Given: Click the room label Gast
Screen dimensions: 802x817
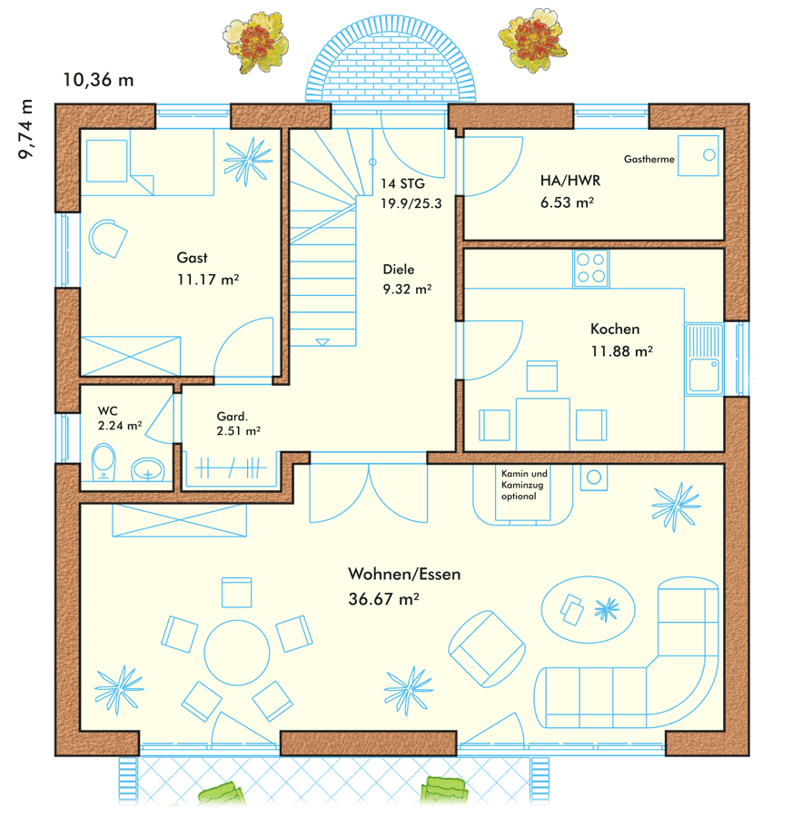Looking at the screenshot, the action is point(192,258).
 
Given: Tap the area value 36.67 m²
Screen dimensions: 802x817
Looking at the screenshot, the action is point(384,599).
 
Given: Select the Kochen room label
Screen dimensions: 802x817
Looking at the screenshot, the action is point(615,329).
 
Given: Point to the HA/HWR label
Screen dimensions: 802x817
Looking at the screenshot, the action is point(570,181).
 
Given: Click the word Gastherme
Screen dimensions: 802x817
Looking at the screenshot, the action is point(649,159).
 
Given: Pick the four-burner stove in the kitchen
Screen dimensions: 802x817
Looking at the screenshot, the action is point(590,269).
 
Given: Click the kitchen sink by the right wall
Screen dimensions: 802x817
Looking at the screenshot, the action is point(705,359).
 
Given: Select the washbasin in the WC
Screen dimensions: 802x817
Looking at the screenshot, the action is point(147,470).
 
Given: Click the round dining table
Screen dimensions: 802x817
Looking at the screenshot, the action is point(237,653).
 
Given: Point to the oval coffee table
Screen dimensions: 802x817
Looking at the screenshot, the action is point(589,610).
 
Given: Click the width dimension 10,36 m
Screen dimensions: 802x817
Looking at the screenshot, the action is point(99,80).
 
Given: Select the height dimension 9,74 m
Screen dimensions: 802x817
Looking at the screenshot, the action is point(25,129).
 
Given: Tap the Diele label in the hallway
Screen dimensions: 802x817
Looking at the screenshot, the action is point(399,270).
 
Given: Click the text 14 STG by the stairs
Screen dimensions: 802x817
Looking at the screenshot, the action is point(402,183).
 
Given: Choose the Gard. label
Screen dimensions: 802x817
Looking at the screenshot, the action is point(232,417).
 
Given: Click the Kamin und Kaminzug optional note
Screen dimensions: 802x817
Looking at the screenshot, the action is point(524,485).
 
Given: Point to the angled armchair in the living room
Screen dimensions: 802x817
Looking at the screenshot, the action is point(487,649).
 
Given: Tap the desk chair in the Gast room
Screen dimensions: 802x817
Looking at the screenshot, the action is point(108,238).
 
